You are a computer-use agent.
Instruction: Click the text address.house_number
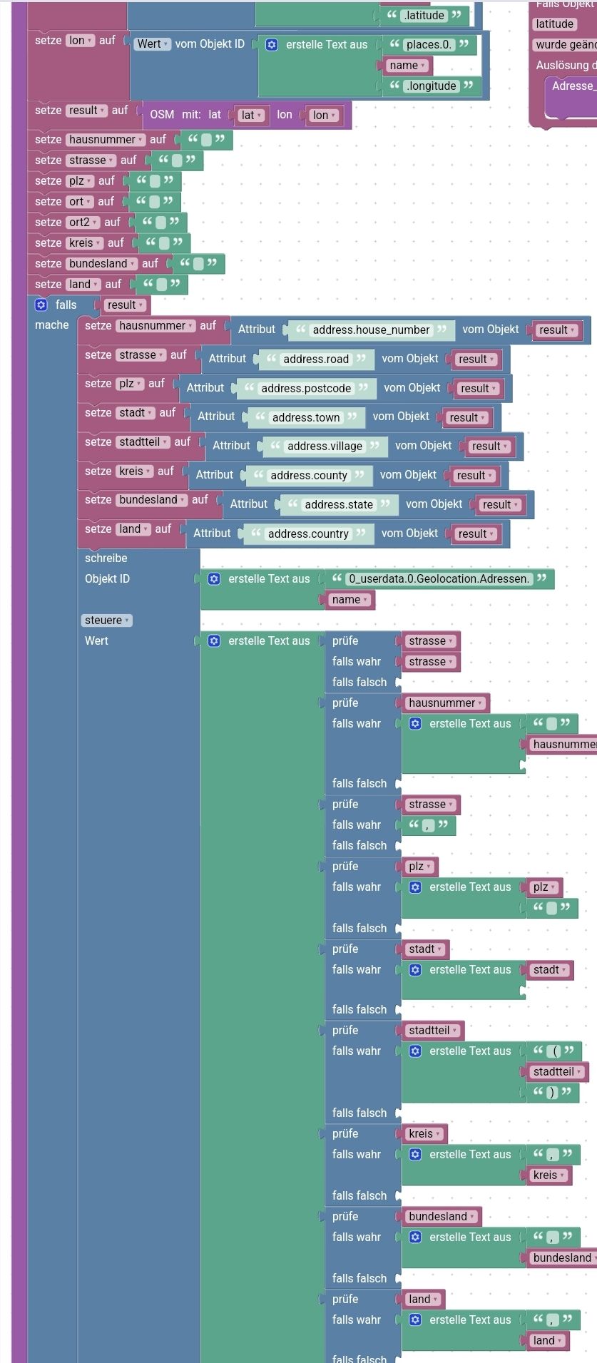(x=371, y=330)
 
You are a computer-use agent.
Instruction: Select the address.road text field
(x=316, y=359)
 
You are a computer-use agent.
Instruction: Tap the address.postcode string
(x=306, y=388)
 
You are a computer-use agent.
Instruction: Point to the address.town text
(x=306, y=417)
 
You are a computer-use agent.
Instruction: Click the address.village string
(x=325, y=446)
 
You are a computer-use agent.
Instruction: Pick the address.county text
(x=308, y=475)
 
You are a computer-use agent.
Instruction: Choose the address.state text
(x=339, y=504)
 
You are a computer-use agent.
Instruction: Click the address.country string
(x=308, y=534)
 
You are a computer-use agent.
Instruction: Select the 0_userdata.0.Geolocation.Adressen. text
(x=439, y=578)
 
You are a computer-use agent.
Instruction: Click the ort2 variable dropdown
(x=84, y=223)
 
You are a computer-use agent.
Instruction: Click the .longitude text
(x=431, y=86)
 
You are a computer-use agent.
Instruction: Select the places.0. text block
(x=429, y=44)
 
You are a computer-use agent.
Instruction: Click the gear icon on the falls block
(x=41, y=305)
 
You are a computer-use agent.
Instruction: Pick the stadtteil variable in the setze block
(x=143, y=442)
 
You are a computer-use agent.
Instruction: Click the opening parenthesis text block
(x=556, y=1051)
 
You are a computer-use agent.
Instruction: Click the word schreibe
(x=106, y=558)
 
